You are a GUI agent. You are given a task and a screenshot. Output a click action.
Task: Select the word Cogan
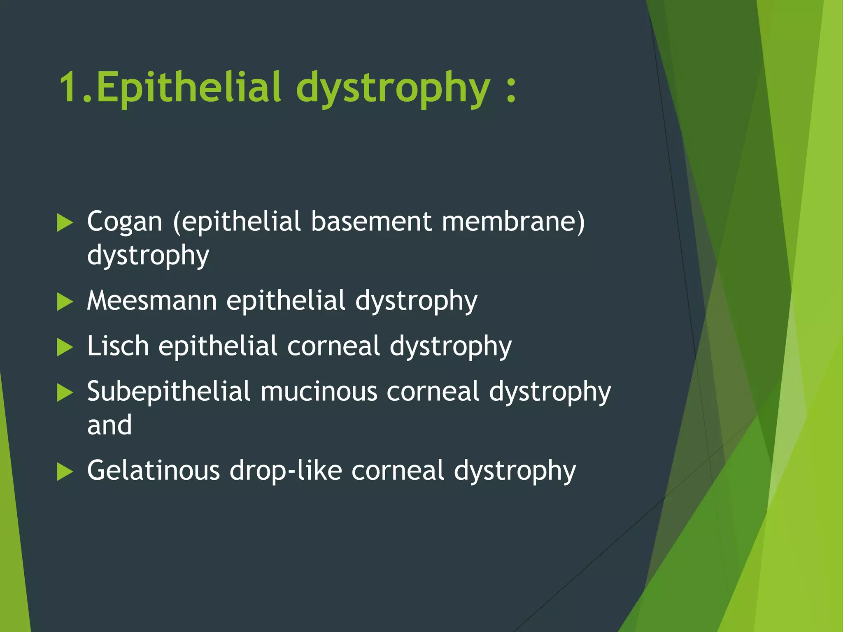[125, 222]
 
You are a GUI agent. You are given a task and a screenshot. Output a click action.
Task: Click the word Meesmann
[152, 300]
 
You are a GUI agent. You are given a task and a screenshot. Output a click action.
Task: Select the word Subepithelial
[169, 392]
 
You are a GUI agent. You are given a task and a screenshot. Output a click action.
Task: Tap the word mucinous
[319, 391]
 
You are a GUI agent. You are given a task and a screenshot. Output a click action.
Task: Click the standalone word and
[109, 425]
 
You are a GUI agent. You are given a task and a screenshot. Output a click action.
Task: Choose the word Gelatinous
[154, 470]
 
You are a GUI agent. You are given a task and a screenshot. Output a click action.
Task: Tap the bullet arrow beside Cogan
[65, 223]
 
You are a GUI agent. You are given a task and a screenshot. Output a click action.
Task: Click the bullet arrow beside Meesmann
[65, 302]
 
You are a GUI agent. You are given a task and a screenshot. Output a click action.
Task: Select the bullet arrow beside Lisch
[65, 347]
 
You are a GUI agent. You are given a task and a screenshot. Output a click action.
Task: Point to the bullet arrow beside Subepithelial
[65, 393]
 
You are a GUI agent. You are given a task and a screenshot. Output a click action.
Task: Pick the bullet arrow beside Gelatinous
[65, 472]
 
